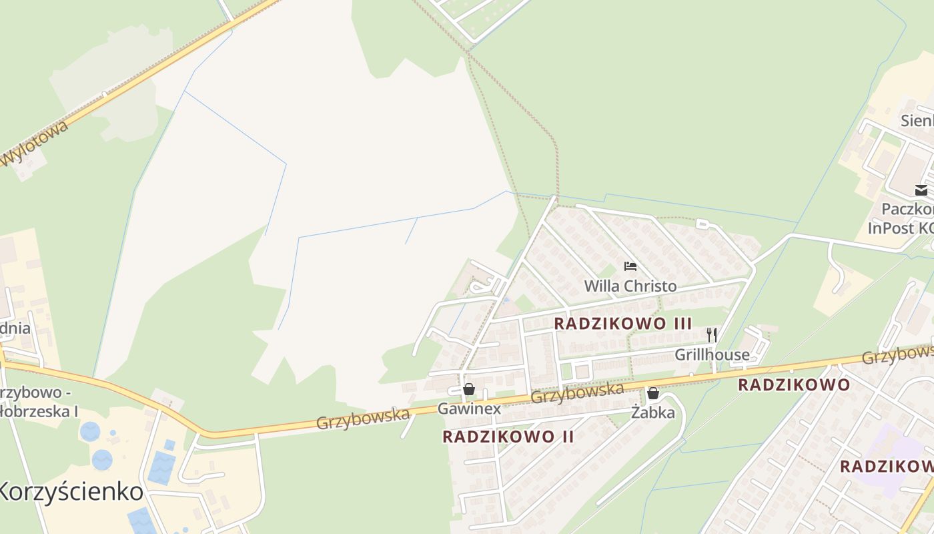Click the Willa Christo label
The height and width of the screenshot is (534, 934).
(x=630, y=286)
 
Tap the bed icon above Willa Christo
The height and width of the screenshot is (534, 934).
(x=630, y=266)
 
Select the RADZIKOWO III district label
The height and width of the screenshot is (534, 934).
(x=623, y=324)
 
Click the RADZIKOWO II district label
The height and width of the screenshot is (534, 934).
(x=508, y=437)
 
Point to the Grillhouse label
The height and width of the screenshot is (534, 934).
(x=712, y=354)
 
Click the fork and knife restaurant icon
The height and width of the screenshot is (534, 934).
(x=712, y=335)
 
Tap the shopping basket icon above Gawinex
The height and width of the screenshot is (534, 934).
(x=469, y=389)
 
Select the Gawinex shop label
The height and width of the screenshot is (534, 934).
(x=469, y=409)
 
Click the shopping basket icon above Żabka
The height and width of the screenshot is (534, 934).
(x=653, y=394)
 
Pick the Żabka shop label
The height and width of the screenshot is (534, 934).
(x=653, y=413)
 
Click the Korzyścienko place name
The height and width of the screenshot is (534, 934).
(x=70, y=492)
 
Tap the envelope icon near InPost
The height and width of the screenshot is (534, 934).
(x=921, y=190)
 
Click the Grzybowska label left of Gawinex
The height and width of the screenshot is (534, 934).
(x=362, y=419)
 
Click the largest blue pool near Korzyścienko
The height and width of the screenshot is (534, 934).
(x=161, y=467)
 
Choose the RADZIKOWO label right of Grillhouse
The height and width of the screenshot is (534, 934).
(x=793, y=385)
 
